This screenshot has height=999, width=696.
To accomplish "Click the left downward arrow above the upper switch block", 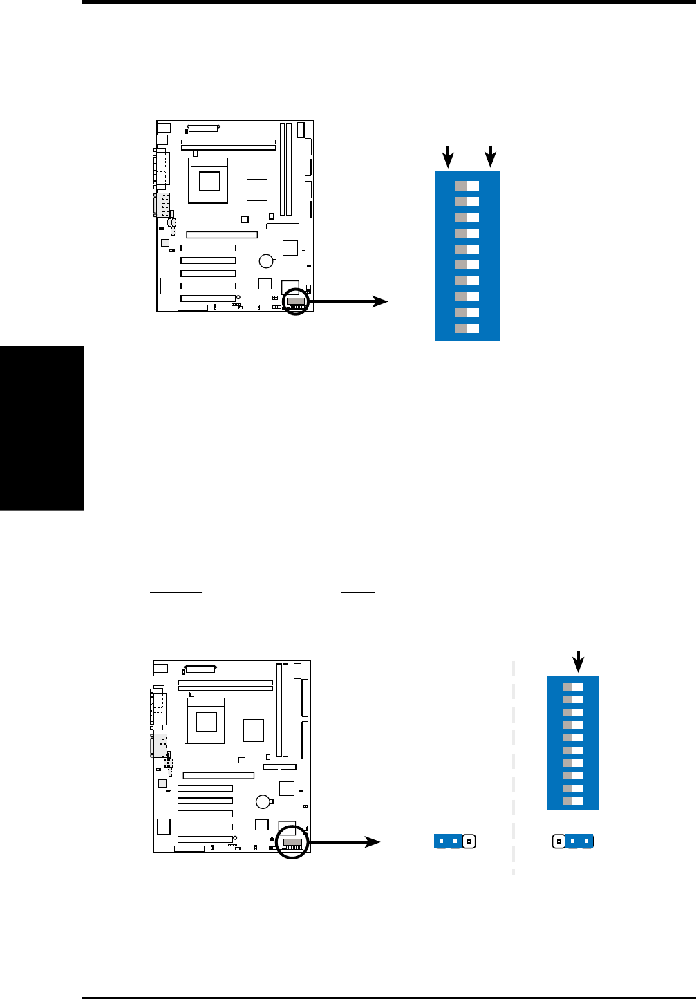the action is [449, 157].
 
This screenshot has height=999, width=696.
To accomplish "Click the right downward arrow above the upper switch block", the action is [491, 157].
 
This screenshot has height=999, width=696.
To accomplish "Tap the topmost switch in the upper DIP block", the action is [467, 186].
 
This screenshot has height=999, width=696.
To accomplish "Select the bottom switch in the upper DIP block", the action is [467, 329].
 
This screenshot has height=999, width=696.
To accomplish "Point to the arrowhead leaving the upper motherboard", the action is [381, 301].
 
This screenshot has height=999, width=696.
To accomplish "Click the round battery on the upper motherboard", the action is [267, 260].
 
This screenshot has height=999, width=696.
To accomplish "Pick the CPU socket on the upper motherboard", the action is [208, 180].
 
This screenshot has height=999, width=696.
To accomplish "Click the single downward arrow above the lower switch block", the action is [578, 662].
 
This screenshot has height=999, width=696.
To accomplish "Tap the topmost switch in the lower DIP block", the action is [573, 687].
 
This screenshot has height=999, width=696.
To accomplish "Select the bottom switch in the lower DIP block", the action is [573, 801].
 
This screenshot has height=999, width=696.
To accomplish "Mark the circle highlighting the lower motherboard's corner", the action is [292, 843].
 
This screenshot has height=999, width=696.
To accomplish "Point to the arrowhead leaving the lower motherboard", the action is [373, 841].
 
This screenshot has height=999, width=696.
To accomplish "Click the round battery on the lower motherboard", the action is [263, 801].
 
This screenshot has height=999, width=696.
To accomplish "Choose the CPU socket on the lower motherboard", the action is [205, 721].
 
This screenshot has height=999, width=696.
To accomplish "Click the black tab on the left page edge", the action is [41, 428].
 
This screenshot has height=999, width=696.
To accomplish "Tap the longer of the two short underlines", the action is [176, 592].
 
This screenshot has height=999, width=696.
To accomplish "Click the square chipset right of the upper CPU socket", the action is [256, 189].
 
